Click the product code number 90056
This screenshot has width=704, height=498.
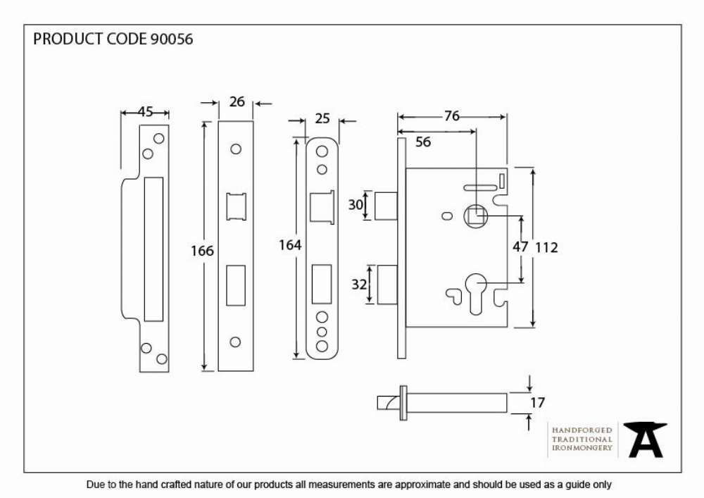click(x=172, y=39)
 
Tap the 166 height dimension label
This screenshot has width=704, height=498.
click(x=202, y=251)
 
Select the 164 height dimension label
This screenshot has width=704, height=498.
click(x=290, y=244)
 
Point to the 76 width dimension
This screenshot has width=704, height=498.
click(x=452, y=116)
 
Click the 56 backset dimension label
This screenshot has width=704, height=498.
click(x=423, y=142)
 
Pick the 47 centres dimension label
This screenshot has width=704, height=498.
click(x=520, y=247)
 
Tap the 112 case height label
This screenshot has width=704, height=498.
click(x=546, y=247)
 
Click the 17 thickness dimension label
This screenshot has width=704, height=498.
click(x=537, y=402)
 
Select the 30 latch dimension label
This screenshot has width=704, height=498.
click(x=356, y=205)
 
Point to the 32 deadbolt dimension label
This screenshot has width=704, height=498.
click(x=359, y=285)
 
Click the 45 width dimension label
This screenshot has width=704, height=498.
click(x=145, y=111)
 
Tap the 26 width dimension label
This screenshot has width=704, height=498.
click(x=237, y=102)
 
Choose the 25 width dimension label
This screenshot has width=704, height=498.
click(x=322, y=118)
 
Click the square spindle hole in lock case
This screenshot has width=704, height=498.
click(x=476, y=216)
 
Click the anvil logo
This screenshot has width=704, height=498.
click(x=646, y=440)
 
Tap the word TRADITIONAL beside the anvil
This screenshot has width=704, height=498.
click(x=582, y=439)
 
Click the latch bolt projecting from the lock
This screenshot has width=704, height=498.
click(x=386, y=206)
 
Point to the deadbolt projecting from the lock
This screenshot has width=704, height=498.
click(x=387, y=285)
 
